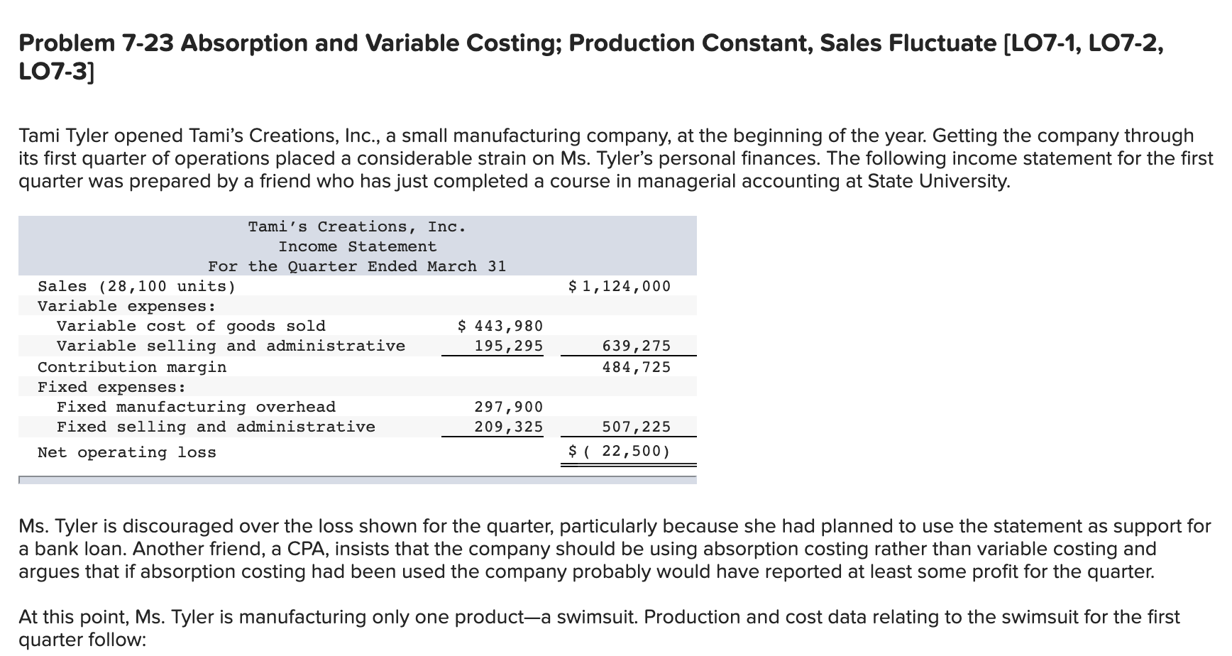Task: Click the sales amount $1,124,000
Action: click(x=620, y=286)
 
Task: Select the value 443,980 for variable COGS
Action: click(x=501, y=326)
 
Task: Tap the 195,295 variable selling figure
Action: click(x=508, y=346)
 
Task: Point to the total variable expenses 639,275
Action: click(x=636, y=346)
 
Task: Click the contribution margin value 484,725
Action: click(x=636, y=367)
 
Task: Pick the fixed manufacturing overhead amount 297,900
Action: click(x=508, y=407)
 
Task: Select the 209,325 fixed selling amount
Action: click(x=508, y=427)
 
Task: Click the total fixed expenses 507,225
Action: click(x=636, y=427)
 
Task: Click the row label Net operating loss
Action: click(x=126, y=452)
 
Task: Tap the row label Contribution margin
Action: click(x=132, y=367)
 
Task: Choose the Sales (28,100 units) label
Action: click(x=136, y=286)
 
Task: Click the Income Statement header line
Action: click(x=357, y=246)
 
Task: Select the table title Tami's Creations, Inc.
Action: click(x=357, y=226)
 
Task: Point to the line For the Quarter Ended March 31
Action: click(x=357, y=266)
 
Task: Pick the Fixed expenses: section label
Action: click(x=111, y=387)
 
